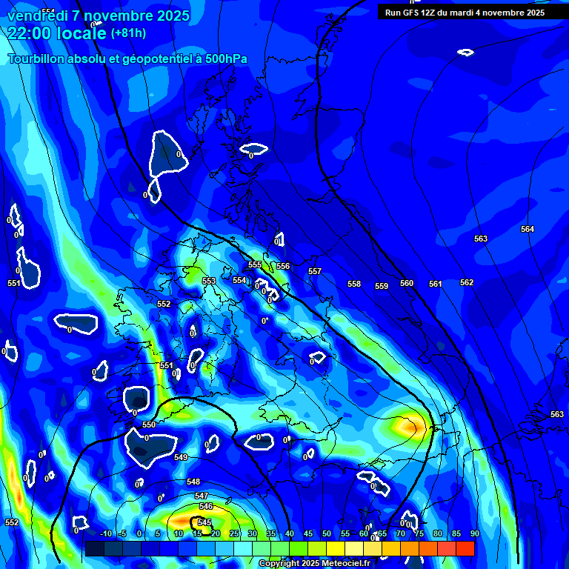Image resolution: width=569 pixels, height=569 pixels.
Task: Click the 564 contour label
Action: [x=528, y=229]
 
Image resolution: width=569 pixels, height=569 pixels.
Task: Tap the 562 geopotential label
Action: [x=467, y=282]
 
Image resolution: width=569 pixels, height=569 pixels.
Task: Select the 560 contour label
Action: [x=407, y=283]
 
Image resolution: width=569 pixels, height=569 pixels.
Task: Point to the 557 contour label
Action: [x=315, y=271]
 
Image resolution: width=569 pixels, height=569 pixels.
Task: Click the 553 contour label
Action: [x=209, y=281]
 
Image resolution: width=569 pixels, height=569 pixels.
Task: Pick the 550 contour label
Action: [x=149, y=425]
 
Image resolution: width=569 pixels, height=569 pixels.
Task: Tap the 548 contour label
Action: [x=193, y=482]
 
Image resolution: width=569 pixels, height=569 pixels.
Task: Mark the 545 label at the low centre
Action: [x=204, y=522]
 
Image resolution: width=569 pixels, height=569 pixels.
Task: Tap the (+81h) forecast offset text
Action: [x=128, y=33]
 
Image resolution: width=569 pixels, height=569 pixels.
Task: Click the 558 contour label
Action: [x=354, y=284]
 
